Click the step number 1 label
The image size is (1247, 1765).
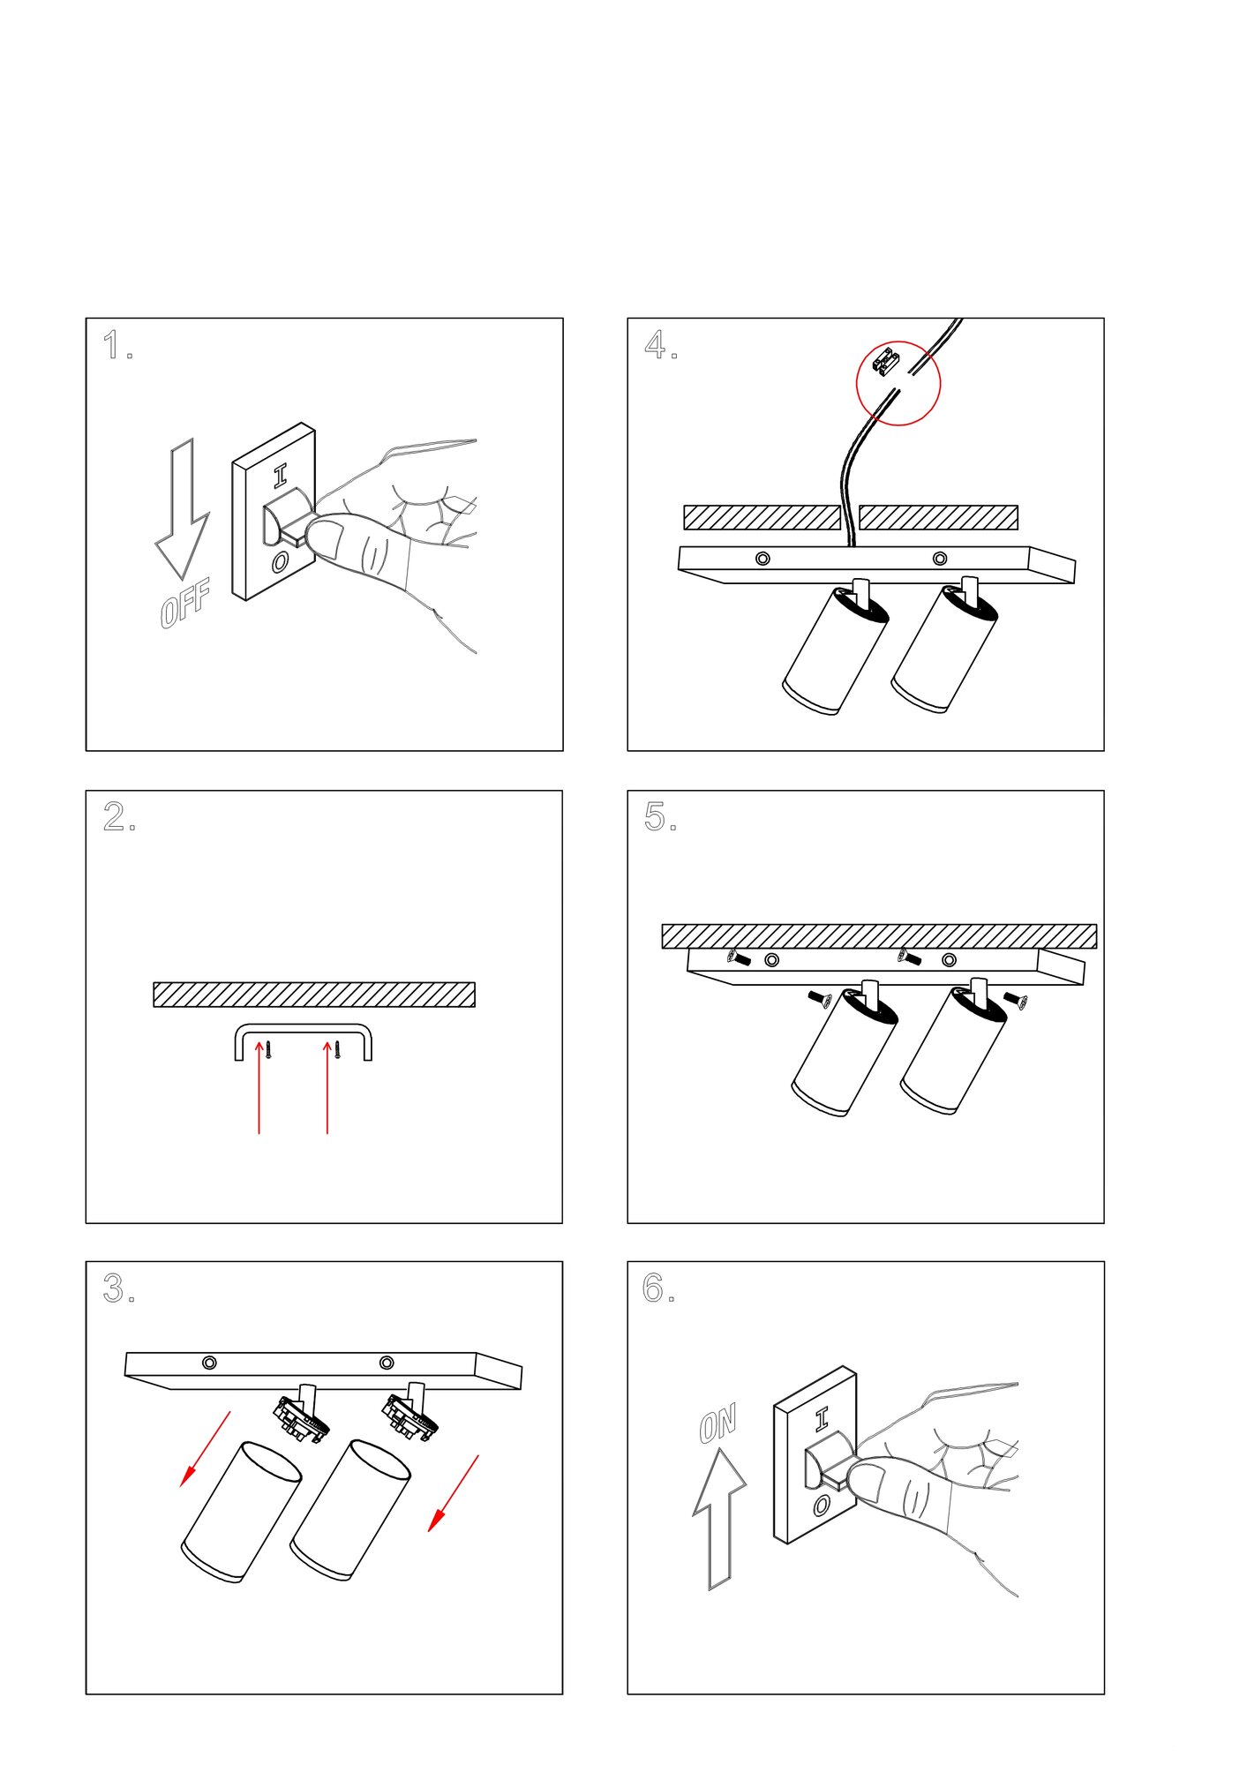coord(112,345)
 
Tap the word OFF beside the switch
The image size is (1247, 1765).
coord(185,604)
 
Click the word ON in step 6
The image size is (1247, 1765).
coord(717,1423)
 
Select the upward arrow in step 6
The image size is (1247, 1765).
coord(719,1518)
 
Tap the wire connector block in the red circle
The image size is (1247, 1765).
coord(885,360)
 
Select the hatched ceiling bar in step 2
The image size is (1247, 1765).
coord(314,995)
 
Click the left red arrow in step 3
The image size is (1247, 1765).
coord(205,1449)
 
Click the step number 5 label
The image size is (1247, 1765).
coord(655,817)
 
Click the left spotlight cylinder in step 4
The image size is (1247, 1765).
coord(835,651)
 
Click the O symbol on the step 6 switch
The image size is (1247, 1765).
coord(822,1505)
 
